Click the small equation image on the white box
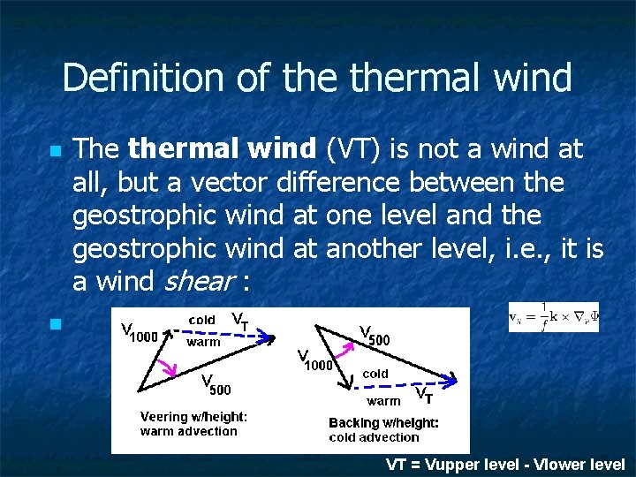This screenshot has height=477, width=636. coord(554,317)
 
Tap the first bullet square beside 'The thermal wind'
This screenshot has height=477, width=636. coord(55,152)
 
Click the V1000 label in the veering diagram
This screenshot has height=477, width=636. coord(139,333)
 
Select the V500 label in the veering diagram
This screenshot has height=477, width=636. coord(216,386)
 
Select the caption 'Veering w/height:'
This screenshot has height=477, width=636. coord(194,417)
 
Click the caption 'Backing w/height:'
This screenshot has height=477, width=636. coord(383,423)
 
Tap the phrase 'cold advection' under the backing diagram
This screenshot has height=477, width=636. coord(374,437)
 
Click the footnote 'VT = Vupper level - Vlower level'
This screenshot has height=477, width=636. coord(505,465)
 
